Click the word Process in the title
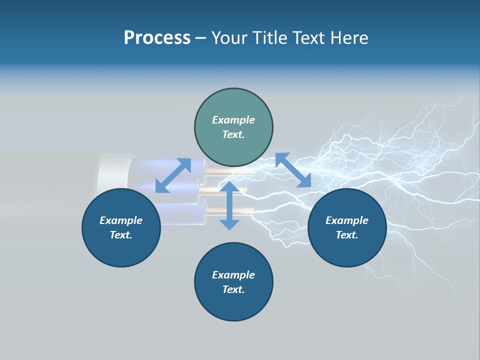[157, 38]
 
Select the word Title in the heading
[269, 38]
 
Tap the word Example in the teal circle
[233, 120]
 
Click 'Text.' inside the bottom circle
[233, 289]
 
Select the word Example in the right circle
[347, 220]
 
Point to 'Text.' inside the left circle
[121, 235]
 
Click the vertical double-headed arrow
[229, 205]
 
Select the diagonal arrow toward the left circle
[173, 175]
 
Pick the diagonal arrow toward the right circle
[293, 170]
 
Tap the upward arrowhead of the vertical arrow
[229, 186]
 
